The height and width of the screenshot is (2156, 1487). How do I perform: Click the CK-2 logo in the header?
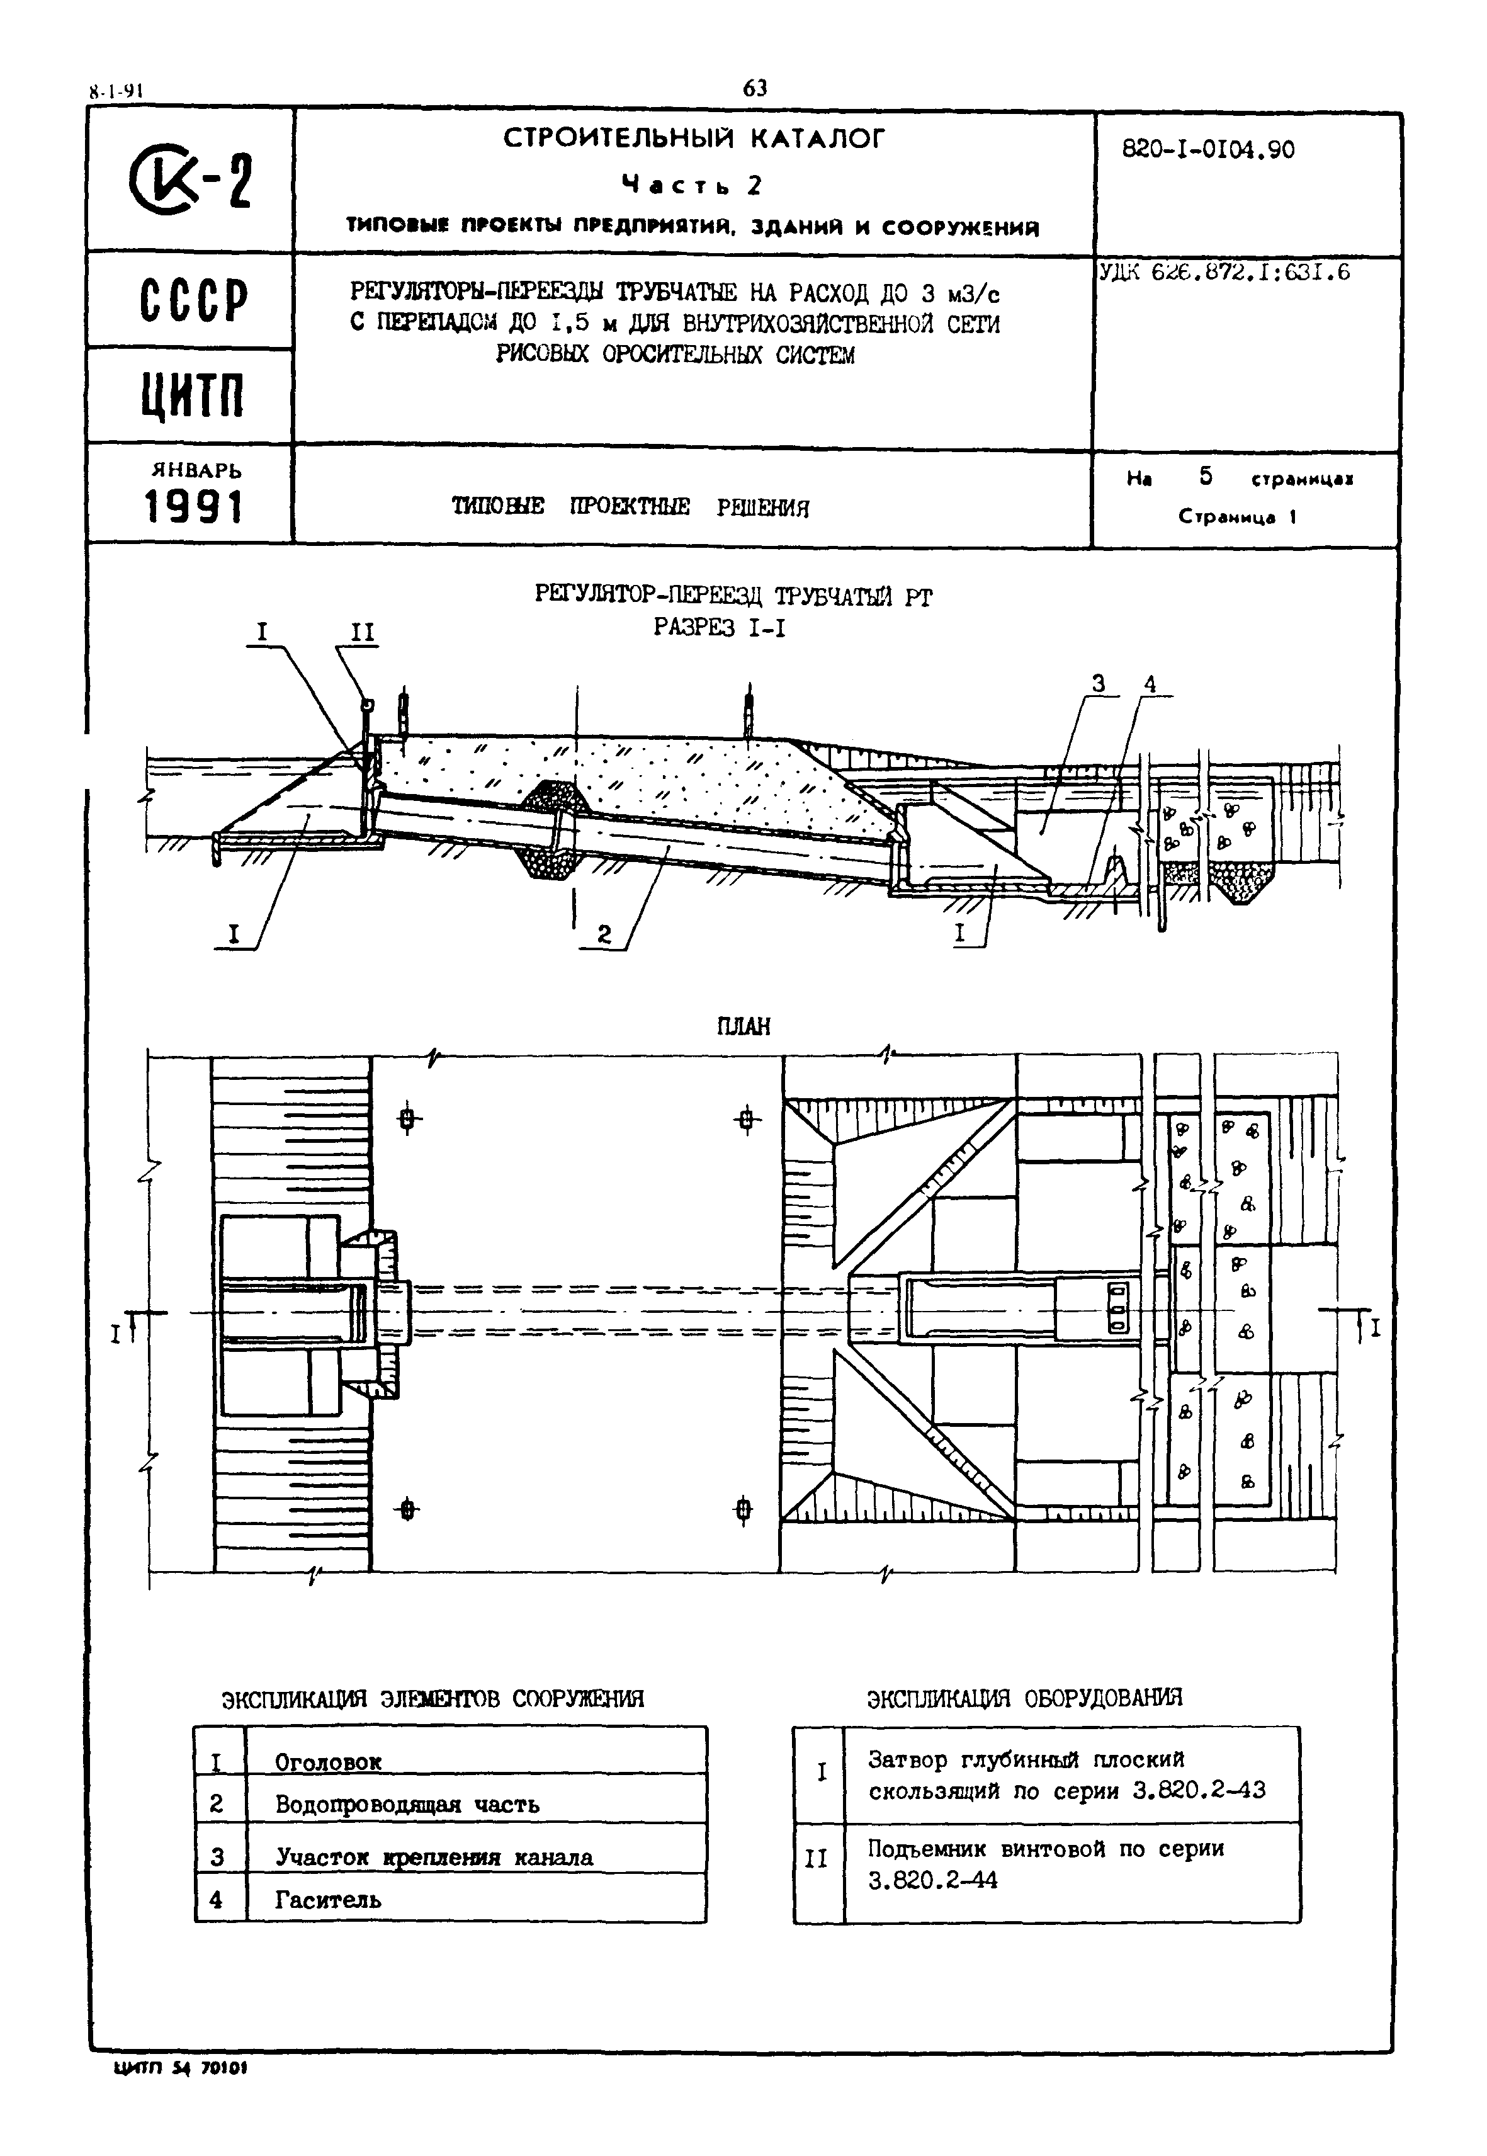[x=193, y=182]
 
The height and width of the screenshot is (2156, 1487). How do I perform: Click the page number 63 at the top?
[x=755, y=89]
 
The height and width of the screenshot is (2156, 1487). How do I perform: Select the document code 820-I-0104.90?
[x=1207, y=150]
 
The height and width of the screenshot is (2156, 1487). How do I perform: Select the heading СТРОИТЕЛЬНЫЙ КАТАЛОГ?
[x=694, y=139]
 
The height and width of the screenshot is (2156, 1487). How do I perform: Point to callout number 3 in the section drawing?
[x=1099, y=684]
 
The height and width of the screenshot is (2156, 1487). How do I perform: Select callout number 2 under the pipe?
[x=604, y=934]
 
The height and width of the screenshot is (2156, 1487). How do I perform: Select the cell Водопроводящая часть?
[x=407, y=1805]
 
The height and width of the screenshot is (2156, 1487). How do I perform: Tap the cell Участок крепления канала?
[x=434, y=1857]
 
